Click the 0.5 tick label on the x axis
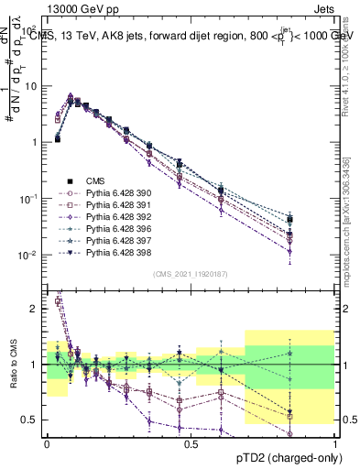[191, 443]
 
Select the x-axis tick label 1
[335, 443]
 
